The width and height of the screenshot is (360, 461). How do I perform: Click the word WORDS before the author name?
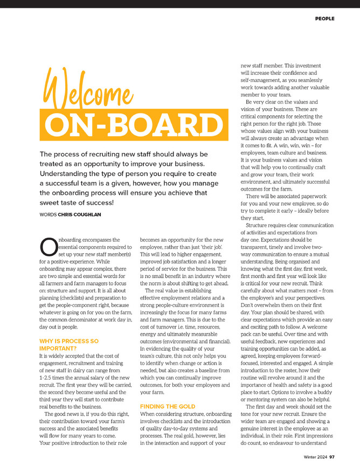[x=48, y=214]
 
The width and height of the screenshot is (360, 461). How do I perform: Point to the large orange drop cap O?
[x=47, y=247]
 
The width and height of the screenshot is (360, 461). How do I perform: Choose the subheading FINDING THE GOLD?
[x=168, y=406]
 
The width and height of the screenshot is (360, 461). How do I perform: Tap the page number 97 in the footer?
[x=333, y=456]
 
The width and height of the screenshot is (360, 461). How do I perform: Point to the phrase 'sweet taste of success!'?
[x=77, y=202]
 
